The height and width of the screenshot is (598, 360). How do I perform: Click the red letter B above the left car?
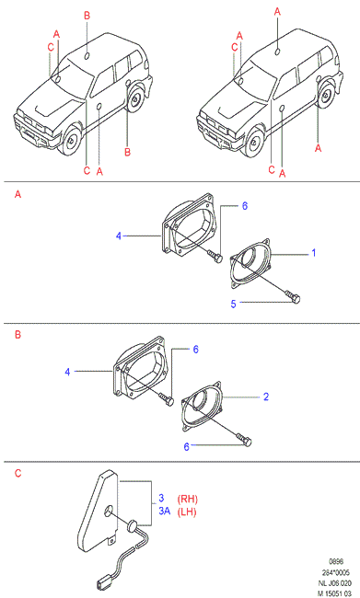(x=87, y=16)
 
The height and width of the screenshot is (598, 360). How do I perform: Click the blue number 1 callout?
(x=314, y=253)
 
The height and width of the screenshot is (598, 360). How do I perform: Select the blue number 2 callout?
(x=266, y=397)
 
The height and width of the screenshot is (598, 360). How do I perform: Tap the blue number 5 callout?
(x=233, y=304)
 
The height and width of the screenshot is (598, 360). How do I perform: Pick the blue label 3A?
(x=165, y=511)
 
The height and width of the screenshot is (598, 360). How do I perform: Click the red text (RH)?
(x=188, y=499)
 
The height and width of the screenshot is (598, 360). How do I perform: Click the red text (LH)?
(x=187, y=512)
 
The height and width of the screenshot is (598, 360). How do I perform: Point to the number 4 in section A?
(x=119, y=236)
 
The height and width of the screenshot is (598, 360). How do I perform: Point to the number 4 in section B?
(x=67, y=372)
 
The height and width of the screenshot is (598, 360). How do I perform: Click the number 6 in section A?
(x=245, y=206)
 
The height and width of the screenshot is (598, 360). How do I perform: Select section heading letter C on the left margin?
(x=17, y=473)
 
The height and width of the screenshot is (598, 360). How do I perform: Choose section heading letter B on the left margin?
(x=17, y=335)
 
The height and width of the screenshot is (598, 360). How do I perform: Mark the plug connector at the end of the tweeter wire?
(x=101, y=584)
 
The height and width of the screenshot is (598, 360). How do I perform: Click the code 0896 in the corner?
(x=336, y=561)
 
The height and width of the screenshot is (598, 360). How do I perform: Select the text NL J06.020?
(x=335, y=583)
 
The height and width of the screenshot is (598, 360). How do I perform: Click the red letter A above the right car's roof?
(x=277, y=12)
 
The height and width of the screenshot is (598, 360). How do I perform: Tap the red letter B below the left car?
(x=127, y=152)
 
